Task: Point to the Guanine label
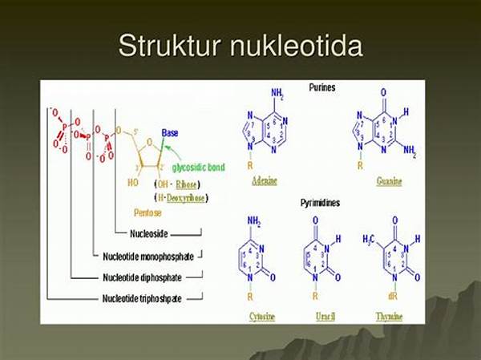tap(389, 182)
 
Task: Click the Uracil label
tap(326, 316)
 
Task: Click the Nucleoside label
tap(148, 235)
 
